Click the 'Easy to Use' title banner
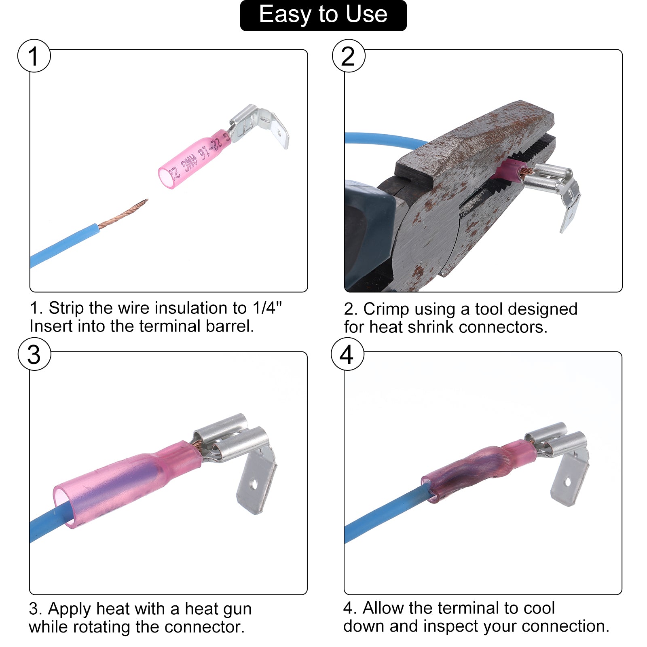323,15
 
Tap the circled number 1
34,56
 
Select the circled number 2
349,56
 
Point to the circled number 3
34,354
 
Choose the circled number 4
347,354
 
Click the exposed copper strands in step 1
123,213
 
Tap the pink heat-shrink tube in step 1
194,159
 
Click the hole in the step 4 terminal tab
568,482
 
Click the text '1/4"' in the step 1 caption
266,308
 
